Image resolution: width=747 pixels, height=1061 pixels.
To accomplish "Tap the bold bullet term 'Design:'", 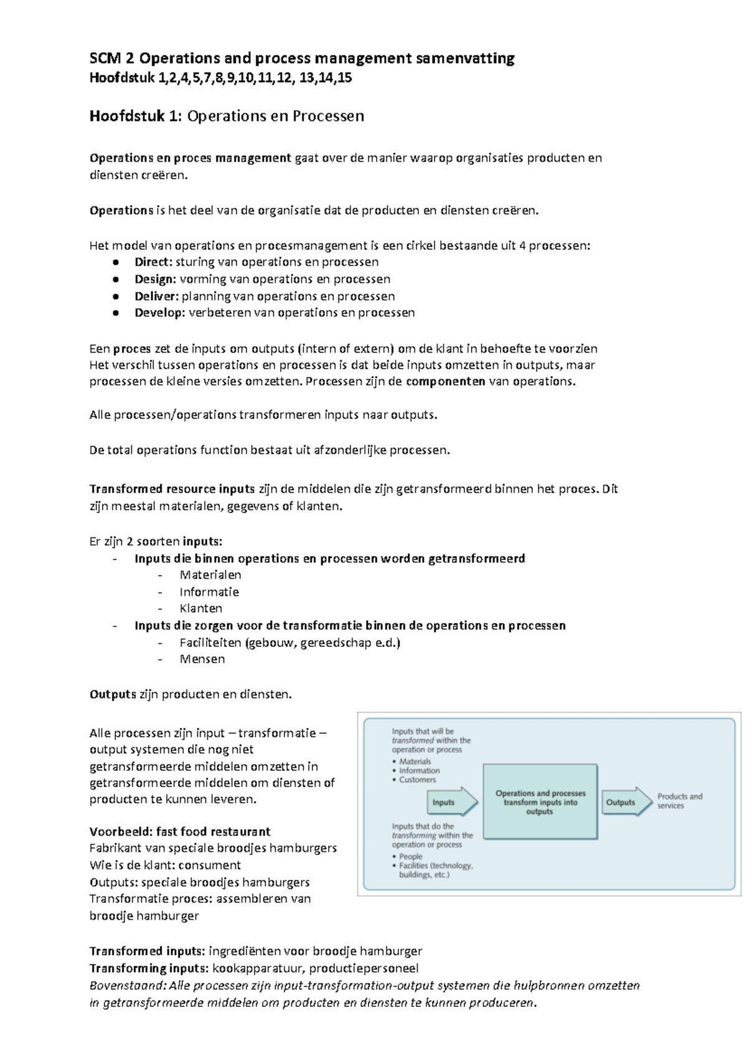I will (155, 279).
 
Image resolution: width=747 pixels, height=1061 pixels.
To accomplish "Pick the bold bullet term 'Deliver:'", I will (156, 296).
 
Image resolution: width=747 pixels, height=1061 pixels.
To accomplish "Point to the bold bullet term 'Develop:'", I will (159, 313).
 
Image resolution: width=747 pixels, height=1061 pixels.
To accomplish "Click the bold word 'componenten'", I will (445, 382).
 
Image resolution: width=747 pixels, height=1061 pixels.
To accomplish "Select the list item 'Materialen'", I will (210, 575).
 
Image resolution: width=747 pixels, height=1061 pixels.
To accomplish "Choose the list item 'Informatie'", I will (209, 592).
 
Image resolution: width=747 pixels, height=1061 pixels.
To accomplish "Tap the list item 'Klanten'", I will (200, 608).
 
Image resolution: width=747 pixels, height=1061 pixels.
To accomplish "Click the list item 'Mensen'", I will (202, 659).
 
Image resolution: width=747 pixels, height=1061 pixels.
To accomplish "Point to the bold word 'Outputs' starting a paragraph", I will (113, 694).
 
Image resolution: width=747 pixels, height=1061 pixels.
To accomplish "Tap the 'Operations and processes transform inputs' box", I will (540, 803).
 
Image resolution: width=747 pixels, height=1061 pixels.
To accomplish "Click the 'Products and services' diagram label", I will (680, 801).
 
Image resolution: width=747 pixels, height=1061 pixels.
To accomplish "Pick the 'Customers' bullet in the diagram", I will (417, 780).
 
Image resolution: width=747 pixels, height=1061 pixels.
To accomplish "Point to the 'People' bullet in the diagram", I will (410, 856).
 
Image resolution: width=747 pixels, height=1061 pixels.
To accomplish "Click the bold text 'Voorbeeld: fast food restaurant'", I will (180, 831).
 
